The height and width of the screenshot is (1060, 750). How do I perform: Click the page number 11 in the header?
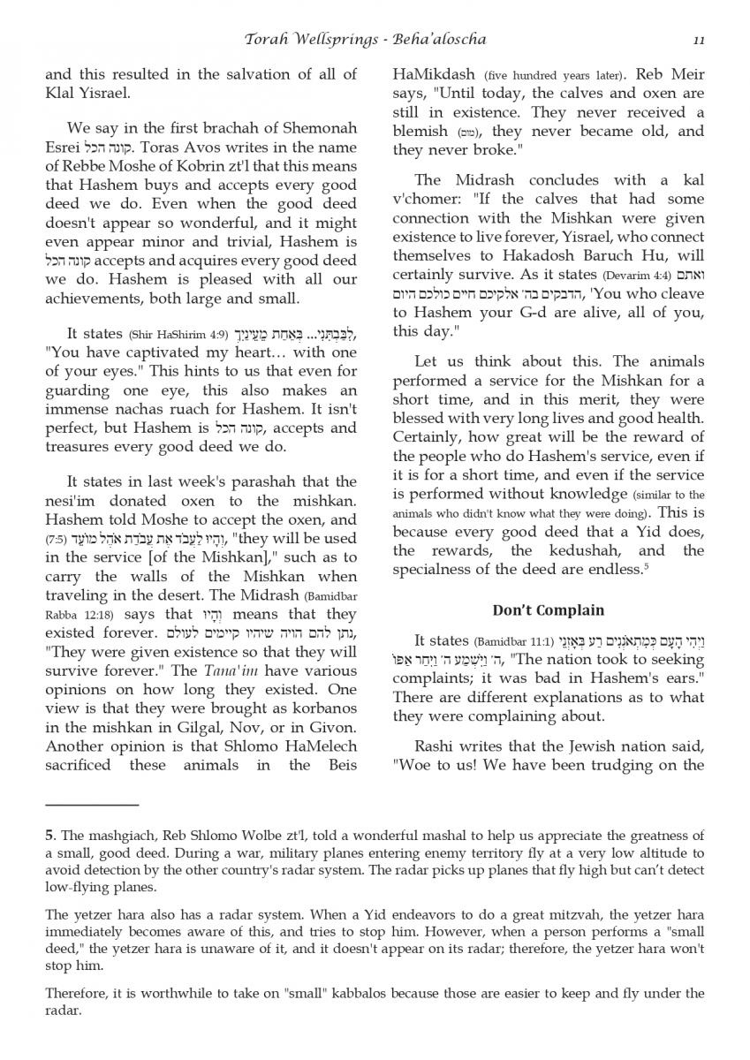(698, 40)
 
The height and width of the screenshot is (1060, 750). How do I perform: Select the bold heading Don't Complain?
(548, 610)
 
